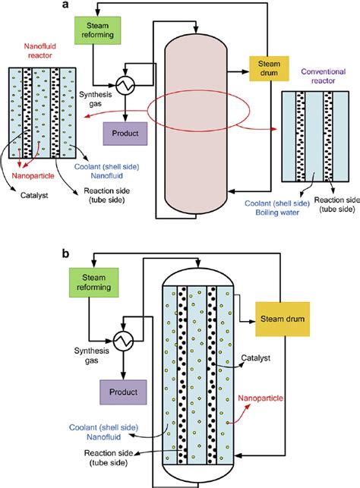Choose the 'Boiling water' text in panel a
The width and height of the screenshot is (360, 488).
click(x=267, y=213)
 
